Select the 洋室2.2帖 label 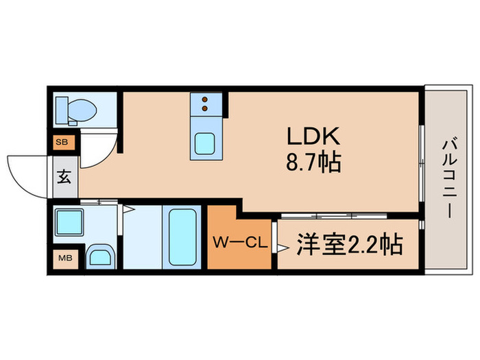coord(350,244)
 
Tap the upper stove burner coord(204,99)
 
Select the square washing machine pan coord(69,223)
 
